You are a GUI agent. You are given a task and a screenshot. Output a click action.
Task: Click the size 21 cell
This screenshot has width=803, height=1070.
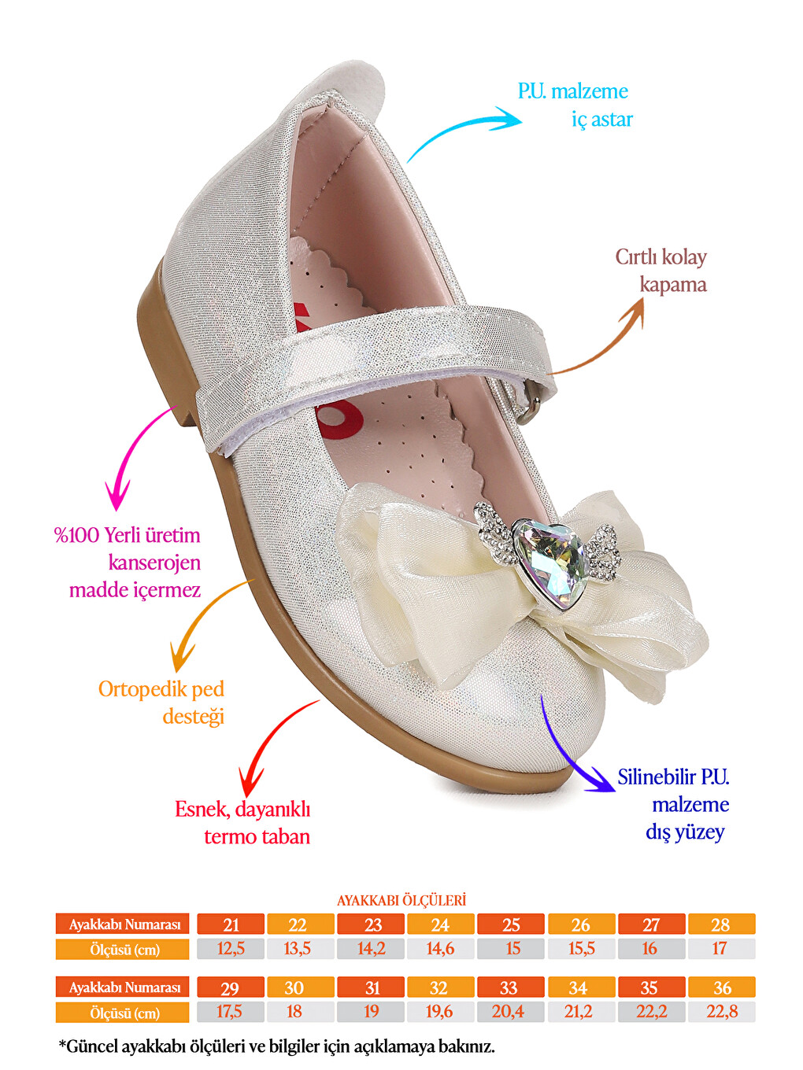[231, 924]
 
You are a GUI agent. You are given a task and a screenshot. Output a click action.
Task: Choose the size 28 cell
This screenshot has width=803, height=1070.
[721, 924]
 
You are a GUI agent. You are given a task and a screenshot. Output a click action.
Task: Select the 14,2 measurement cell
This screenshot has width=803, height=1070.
[371, 949]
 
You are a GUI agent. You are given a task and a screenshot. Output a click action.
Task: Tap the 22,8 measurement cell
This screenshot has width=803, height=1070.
[721, 1012]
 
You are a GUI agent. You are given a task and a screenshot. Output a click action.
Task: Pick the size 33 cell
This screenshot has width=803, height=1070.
[510, 987]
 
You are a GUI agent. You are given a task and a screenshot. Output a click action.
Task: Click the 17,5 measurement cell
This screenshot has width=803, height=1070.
[231, 1012]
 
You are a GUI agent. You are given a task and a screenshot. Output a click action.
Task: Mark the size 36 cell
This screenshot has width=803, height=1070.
[721, 987]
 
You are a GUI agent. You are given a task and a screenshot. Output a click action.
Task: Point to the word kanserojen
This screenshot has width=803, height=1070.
[154, 563]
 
